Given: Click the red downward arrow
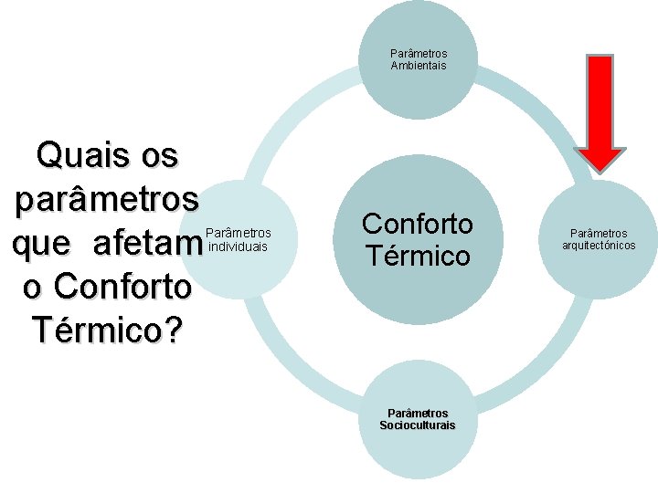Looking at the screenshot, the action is click(600, 110).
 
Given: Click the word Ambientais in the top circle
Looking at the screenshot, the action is click(419, 66).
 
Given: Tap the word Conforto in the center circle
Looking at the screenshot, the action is click(418, 224).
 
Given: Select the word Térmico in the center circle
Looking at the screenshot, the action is click(417, 256).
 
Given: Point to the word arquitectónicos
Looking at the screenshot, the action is click(600, 246).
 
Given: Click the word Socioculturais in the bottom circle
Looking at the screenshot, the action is click(418, 425).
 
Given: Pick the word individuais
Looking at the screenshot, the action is click(239, 246).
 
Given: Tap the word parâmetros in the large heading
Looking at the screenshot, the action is click(106, 198).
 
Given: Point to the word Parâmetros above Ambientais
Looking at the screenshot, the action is click(419, 54).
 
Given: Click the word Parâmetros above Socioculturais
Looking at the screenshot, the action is click(418, 414).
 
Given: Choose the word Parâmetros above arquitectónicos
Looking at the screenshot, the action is click(600, 234).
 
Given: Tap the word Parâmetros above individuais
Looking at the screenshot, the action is click(240, 234).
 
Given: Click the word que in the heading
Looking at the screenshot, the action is click(42, 244).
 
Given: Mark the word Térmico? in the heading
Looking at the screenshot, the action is click(106, 329).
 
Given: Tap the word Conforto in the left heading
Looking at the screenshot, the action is click(122, 286).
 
